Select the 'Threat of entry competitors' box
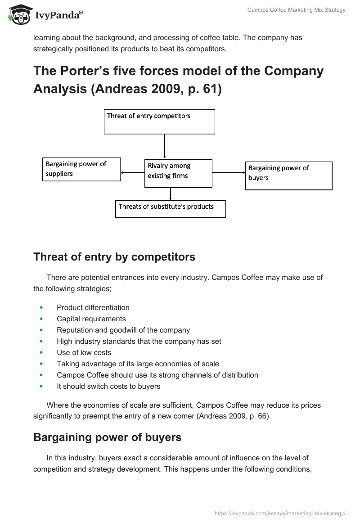pos(159,121)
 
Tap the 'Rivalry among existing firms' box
pos(178,173)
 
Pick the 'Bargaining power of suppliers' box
pos(81,169)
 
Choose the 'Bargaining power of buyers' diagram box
pos(288,175)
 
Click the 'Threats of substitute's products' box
pos(170,209)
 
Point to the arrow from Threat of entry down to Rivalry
pos(165,146)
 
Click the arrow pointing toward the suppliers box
pos(132,172)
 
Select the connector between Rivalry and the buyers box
pos(228,172)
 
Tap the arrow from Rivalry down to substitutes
pos(171,194)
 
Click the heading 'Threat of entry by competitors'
pos(114,257)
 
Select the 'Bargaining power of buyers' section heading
pos(107,437)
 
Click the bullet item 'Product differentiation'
pos(93,308)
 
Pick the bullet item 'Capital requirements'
pos(91,319)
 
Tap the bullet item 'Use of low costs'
pos(84,353)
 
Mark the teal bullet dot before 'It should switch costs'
pos(42,387)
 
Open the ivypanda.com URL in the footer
pos(280,513)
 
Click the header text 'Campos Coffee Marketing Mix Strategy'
pos(296,10)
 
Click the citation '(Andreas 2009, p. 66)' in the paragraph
pos(234,416)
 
